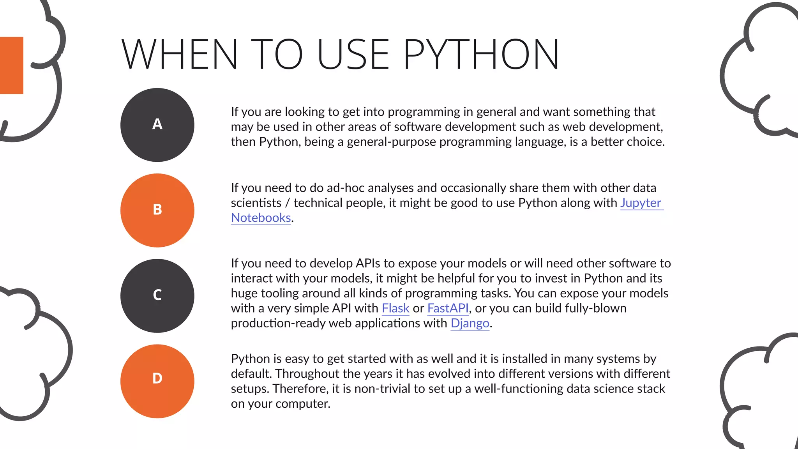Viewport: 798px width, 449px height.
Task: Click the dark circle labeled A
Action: click(x=157, y=125)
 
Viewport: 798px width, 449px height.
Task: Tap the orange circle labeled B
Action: click(x=157, y=210)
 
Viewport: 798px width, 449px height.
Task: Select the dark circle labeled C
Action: click(x=157, y=295)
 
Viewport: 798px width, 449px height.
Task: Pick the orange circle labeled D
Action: click(x=157, y=381)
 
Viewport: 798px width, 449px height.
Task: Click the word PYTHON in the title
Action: click(x=481, y=55)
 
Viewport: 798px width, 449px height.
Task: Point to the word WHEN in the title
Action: click(x=180, y=55)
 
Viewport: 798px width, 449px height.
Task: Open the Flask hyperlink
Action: click(x=395, y=308)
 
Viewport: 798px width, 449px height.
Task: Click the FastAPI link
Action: click(x=448, y=308)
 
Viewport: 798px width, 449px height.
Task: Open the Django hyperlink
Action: click(x=470, y=323)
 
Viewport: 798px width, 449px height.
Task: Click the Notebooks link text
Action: click(x=261, y=218)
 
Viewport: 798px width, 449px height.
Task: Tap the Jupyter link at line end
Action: click(x=641, y=203)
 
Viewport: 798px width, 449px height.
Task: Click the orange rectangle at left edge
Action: click(x=11, y=65)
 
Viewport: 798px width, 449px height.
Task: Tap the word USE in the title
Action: click(x=353, y=55)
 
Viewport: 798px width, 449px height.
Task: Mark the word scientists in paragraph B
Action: click(x=256, y=203)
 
